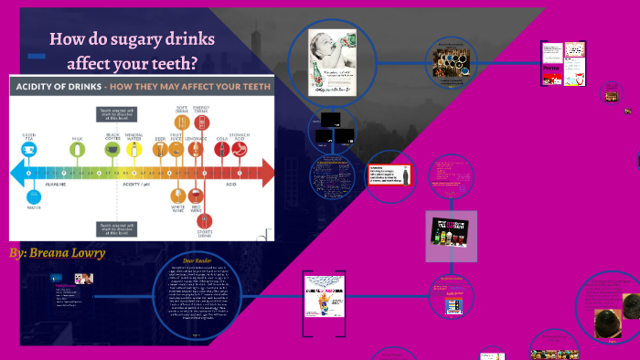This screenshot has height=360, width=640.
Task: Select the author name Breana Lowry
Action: coord(57,251)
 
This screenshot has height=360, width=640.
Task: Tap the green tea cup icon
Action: coord(28,149)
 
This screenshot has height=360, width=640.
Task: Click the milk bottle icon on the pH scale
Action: coord(77,149)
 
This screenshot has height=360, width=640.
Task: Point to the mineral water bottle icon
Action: coord(133,149)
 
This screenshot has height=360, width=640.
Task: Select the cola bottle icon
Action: coord(220,149)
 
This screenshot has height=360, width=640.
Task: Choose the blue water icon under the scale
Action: coord(34,196)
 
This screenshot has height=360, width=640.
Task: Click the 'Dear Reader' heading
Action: coord(197,259)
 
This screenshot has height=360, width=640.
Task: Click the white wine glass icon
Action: coord(178,196)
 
